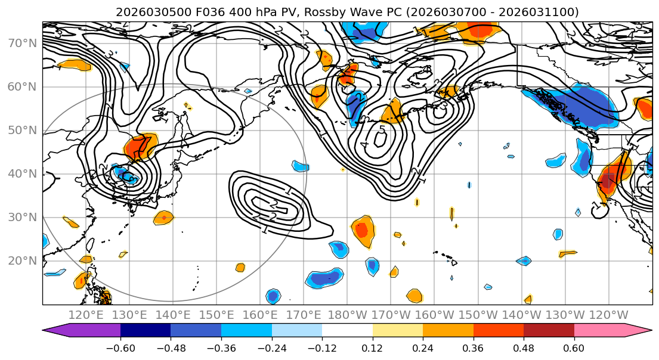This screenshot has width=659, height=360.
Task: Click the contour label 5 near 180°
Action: point(382,129)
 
